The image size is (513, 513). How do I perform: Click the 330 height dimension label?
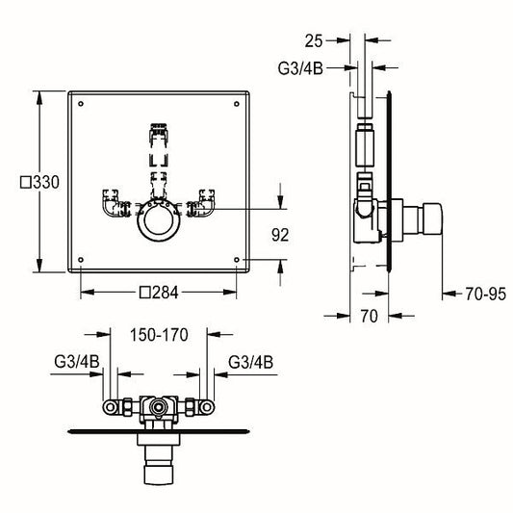39,182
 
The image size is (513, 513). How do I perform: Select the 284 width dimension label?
159,293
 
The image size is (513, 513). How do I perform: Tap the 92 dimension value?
280,235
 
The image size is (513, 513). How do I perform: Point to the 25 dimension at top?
314,41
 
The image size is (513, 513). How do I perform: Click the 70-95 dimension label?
485,294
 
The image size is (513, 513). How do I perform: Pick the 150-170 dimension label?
159,335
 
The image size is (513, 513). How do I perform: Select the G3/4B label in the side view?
300,68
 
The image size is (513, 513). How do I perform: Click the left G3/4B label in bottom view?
77,362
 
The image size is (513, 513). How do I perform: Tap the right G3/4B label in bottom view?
250,362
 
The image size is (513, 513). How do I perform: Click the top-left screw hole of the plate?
81,104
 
